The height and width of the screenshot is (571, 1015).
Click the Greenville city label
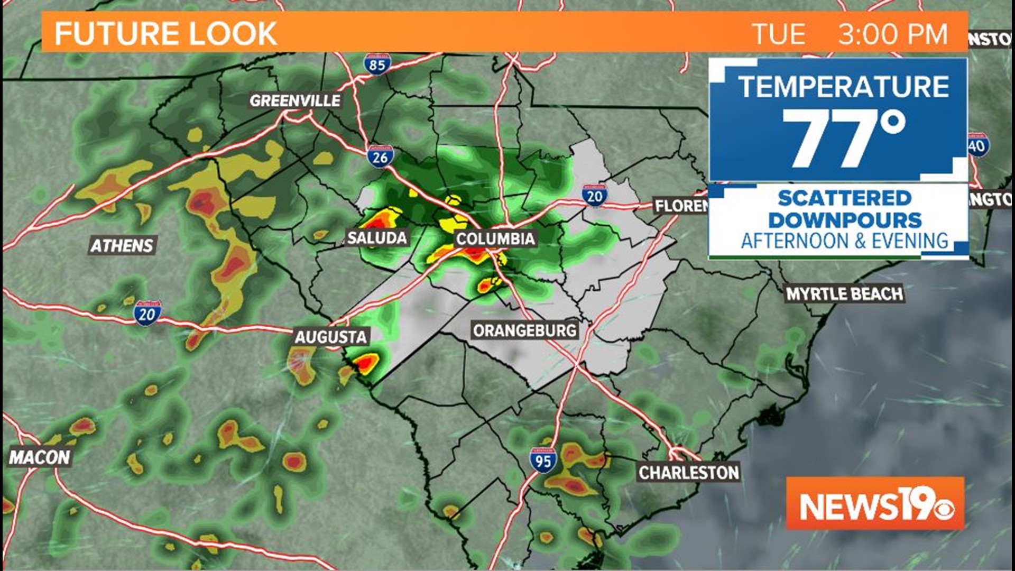[295, 100]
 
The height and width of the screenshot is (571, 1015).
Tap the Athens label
[122, 245]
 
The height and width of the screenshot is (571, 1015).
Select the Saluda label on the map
[377, 237]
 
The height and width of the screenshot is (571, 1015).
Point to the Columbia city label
[495, 238]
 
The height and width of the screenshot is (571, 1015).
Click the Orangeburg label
[524, 331]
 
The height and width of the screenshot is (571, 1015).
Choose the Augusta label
[330, 337]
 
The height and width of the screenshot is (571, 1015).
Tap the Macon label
[40, 457]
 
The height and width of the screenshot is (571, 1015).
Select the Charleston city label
[688, 472]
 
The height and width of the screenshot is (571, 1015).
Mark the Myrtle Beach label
[844, 294]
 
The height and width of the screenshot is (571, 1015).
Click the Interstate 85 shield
[377, 64]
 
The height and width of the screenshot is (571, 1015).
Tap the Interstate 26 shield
[380, 156]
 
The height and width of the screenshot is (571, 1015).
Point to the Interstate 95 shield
[543, 461]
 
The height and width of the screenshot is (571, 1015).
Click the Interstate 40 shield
[977, 145]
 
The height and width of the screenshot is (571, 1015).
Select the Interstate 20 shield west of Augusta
[147, 314]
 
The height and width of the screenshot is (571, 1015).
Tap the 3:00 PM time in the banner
[893, 34]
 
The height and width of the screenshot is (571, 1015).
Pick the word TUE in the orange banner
[779, 34]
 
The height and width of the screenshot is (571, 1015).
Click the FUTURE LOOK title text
[165, 34]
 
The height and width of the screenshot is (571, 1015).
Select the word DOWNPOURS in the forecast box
[844, 220]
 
